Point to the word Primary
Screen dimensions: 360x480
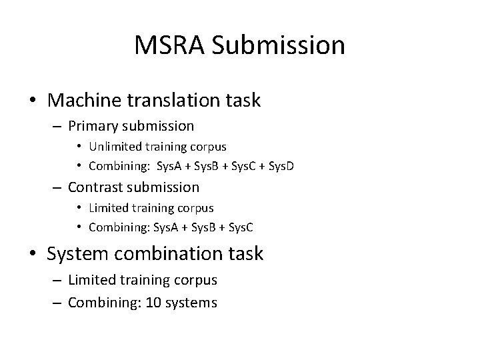pos(91,126)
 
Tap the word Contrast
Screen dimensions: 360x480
pos(94,188)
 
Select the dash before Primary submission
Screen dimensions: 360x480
pos(57,126)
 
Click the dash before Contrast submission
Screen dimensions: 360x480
pos(57,188)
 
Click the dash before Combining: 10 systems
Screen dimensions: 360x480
pos(57,303)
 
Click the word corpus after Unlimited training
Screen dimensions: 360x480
pos(207,146)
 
